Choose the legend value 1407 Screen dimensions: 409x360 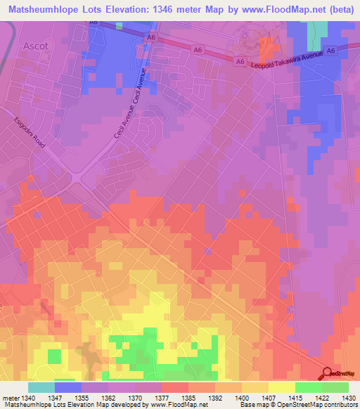tap(255, 397)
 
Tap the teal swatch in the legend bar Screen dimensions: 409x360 tap(41, 387)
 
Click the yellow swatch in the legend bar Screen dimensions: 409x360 tap(281, 387)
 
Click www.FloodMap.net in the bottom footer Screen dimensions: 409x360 tap(176, 405)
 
